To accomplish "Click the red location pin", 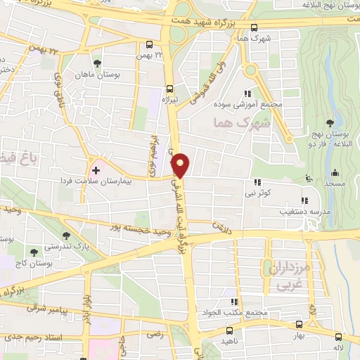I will click(181, 165).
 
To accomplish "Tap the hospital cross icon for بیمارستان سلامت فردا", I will click(96, 170).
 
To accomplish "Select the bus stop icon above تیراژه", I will click(169, 89).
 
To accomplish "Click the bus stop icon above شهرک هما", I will click(254, 27).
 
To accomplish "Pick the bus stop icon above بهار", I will click(300, 324).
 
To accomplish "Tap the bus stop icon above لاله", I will click(339, 336).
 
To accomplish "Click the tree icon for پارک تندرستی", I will click(66, 236).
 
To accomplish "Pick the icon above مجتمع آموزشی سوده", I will click(247, 93).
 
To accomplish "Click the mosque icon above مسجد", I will click(335, 172).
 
